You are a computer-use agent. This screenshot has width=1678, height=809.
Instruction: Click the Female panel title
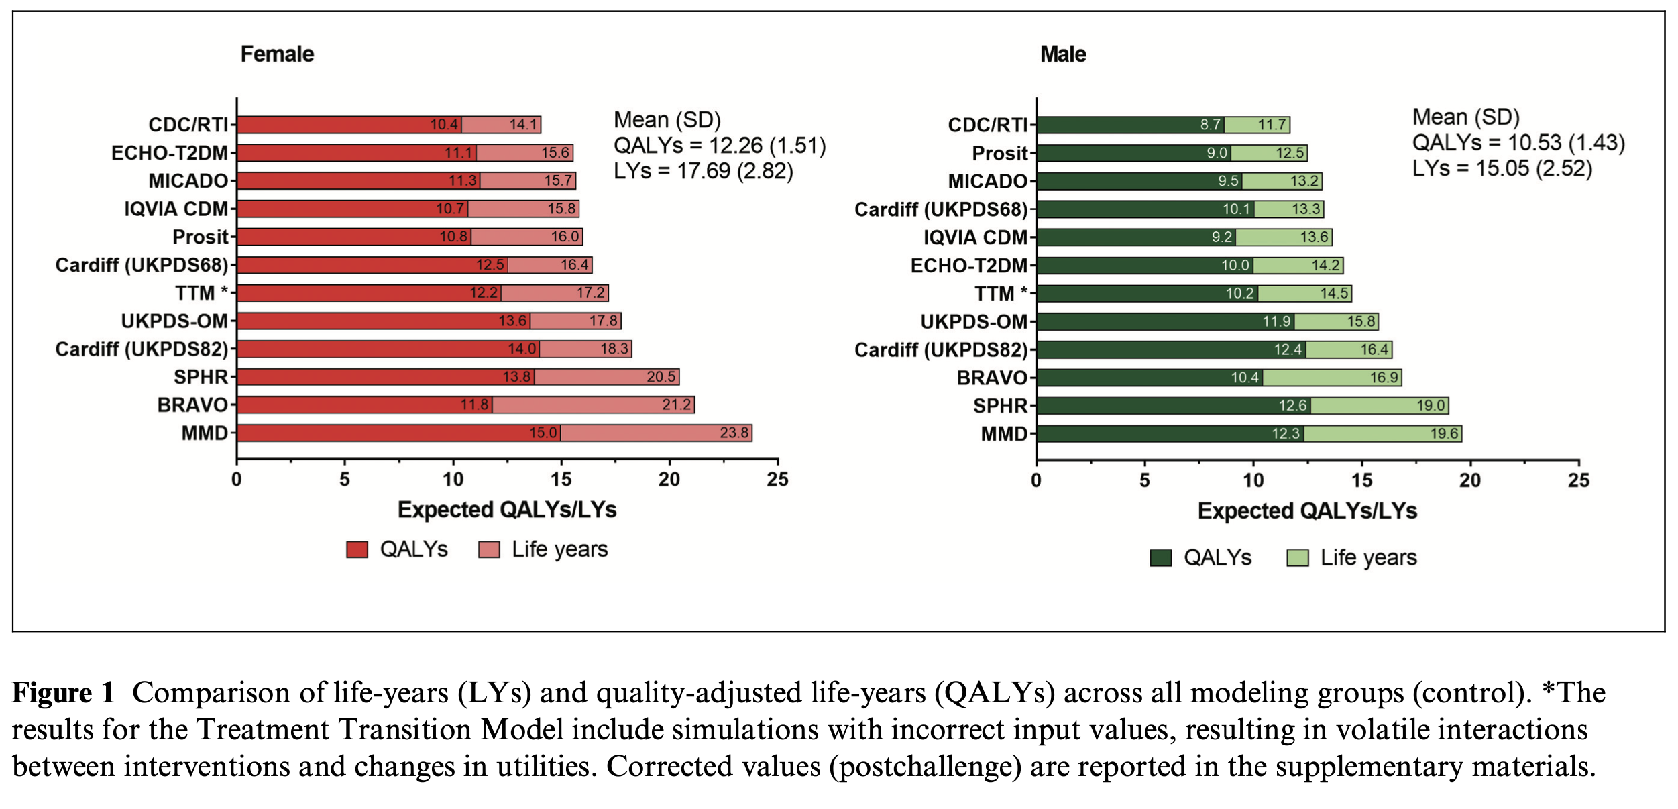(x=277, y=54)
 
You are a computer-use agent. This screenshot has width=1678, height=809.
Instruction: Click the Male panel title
(x=1063, y=54)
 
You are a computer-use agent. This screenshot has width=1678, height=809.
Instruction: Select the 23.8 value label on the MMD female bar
(x=734, y=433)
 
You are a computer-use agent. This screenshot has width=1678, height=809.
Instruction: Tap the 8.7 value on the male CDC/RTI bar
(x=1210, y=125)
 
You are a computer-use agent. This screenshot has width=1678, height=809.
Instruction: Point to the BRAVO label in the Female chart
(x=192, y=405)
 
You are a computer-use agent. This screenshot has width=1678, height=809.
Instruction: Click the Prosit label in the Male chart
(x=999, y=154)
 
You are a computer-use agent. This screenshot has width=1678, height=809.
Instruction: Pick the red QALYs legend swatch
(x=357, y=550)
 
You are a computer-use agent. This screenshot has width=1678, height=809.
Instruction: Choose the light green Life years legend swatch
(x=1297, y=558)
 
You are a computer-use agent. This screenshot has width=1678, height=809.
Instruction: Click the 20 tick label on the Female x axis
(x=669, y=480)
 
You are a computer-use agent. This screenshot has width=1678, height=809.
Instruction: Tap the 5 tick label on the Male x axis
(x=1144, y=480)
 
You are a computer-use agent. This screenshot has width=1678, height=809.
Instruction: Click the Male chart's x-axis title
(x=1306, y=511)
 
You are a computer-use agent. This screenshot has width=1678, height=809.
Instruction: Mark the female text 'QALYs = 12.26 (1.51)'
(x=719, y=146)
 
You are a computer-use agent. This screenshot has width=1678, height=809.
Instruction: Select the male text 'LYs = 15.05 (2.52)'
(x=1502, y=168)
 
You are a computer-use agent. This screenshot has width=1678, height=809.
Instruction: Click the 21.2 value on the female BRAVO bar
(x=676, y=405)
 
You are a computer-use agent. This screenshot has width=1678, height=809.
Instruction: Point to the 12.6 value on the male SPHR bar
(x=1292, y=406)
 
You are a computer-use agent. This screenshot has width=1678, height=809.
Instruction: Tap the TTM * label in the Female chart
(x=201, y=293)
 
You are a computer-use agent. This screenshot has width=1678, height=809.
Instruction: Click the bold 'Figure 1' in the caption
(x=64, y=693)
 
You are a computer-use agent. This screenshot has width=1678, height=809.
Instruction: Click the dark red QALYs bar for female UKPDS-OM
(x=369, y=321)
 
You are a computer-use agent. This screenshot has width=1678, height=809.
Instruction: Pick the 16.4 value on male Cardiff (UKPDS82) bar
(x=1374, y=349)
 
